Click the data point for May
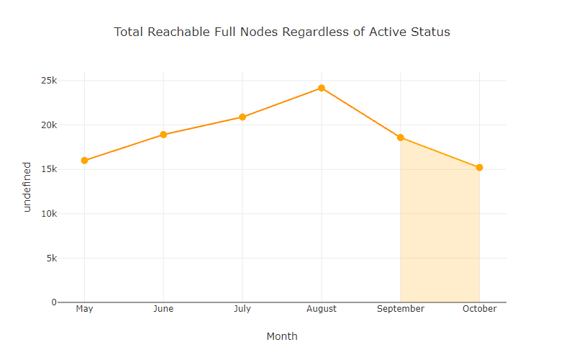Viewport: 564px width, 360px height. pyautogui.click(x=84, y=161)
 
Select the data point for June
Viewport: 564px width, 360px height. pyautogui.click(x=163, y=135)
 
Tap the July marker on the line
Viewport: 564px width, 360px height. pyautogui.click(x=242, y=117)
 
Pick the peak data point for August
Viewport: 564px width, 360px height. pyautogui.click(x=322, y=88)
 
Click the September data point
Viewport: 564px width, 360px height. pyautogui.click(x=401, y=138)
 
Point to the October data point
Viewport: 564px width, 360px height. pyautogui.click(x=479, y=168)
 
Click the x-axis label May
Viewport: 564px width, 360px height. pyautogui.click(x=84, y=309)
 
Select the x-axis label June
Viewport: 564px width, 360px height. pyautogui.click(x=163, y=309)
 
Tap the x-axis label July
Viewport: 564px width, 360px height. pyautogui.click(x=242, y=309)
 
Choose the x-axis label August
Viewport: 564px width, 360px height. pyautogui.click(x=322, y=309)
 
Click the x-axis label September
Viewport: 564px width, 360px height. pyautogui.click(x=401, y=309)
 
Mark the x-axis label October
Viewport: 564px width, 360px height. pyautogui.click(x=479, y=309)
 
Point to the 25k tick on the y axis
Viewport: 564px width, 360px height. pyautogui.click(x=48, y=81)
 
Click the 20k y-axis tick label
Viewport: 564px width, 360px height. pyautogui.click(x=48, y=125)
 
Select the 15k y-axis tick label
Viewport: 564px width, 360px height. pyautogui.click(x=48, y=169)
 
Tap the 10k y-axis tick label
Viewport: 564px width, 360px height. pyautogui.click(x=48, y=214)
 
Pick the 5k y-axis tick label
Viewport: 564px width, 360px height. pyautogui.click(x=50, y=258)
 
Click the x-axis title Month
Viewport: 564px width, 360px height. pyautogui.click(x=282, y=336)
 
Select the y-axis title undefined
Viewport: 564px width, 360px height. pyautogui.click(x=27, y=186)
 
